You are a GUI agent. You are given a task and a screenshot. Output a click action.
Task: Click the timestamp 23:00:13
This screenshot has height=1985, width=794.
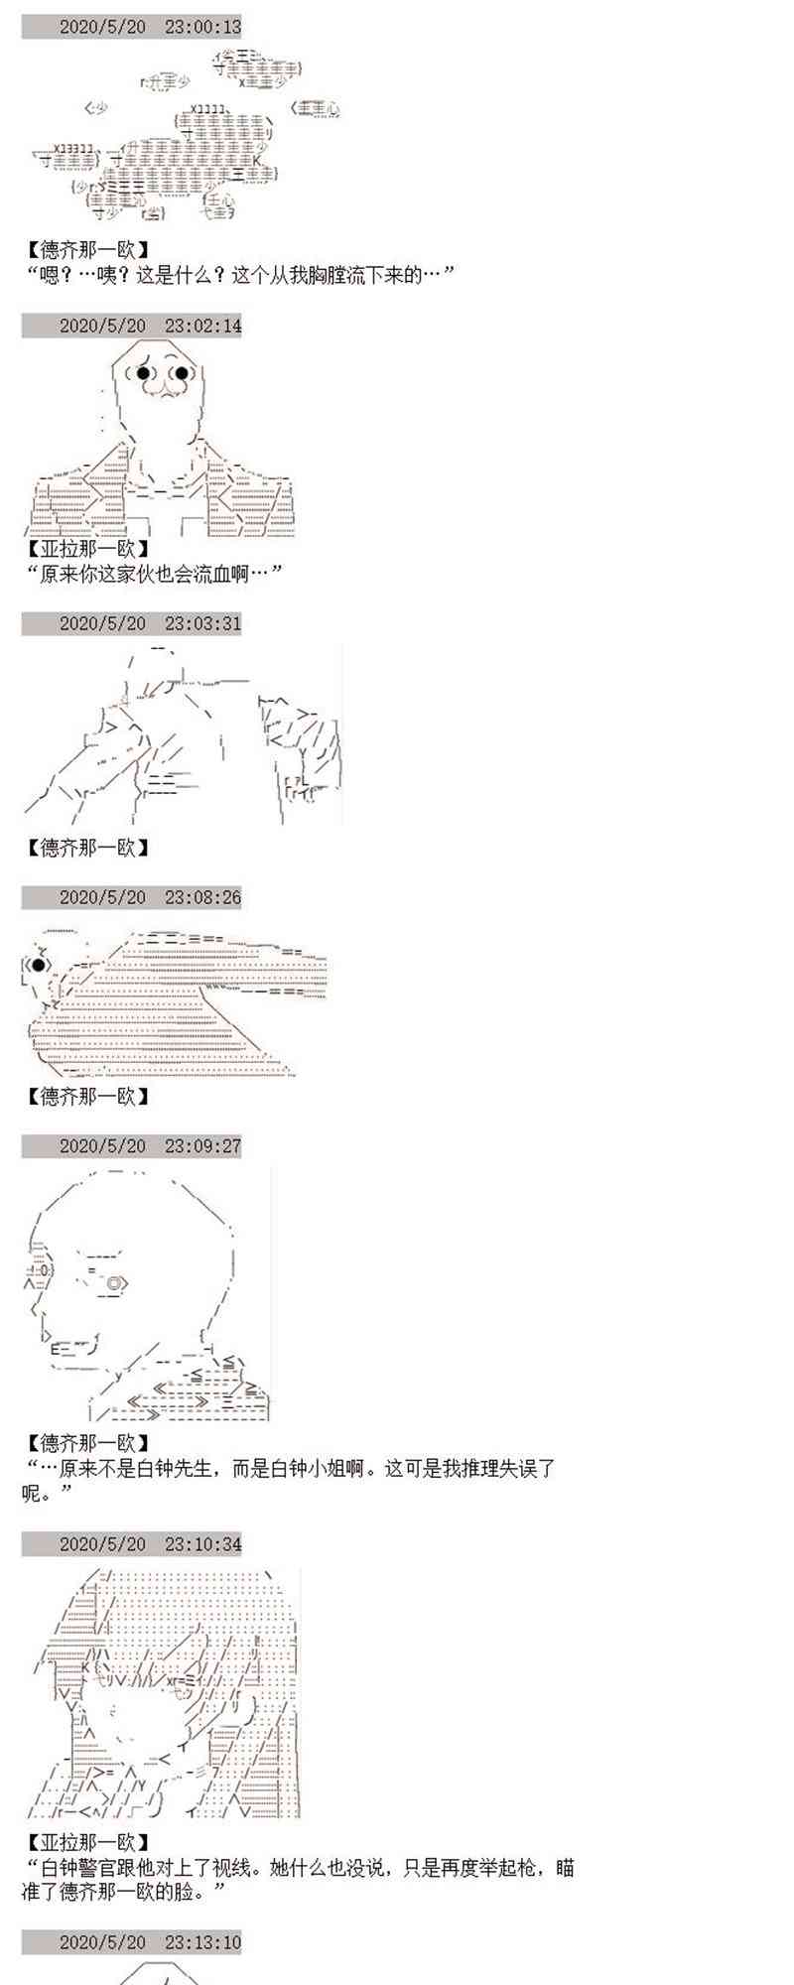point(202,27)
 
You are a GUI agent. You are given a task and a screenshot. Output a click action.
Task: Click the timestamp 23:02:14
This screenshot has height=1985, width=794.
point(202,325)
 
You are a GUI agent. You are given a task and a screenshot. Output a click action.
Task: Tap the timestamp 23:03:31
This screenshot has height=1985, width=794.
point(202,622)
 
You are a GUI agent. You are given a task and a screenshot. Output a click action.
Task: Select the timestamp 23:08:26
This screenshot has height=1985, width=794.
point(202,896)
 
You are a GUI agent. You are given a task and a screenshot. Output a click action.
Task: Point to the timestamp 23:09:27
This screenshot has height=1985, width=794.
point(202,1145)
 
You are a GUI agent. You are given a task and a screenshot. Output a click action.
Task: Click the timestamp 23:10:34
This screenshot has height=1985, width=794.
point(202,1543)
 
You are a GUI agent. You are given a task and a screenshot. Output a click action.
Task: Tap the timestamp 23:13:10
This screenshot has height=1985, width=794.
point(202,1941)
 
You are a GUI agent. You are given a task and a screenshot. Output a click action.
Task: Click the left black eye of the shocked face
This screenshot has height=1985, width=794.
point(144,373)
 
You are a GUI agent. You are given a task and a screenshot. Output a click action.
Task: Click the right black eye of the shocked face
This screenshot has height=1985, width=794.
point(183,373)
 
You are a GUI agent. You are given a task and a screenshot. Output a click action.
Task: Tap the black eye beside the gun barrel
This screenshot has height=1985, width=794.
point(38,964)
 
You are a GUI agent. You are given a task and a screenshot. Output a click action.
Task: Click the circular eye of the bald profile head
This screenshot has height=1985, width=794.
point(113,1283)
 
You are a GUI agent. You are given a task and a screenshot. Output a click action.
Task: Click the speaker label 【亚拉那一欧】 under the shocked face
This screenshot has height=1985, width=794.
point(87,548)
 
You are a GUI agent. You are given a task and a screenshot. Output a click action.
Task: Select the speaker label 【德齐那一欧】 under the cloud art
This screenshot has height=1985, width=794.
point(87,250)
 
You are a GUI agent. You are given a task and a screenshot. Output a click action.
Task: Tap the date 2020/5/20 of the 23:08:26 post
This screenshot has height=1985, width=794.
point(102,896)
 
